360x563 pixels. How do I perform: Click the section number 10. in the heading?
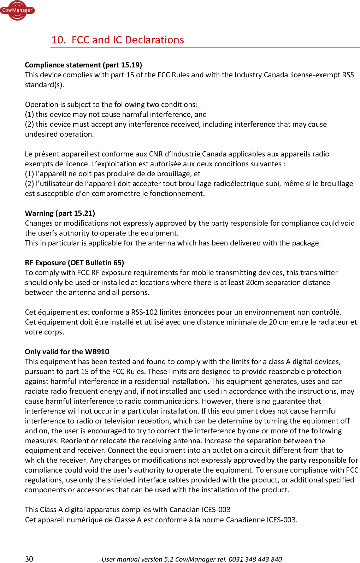59,40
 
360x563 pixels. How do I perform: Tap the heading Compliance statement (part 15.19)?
83,65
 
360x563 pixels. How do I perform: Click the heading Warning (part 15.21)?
60,213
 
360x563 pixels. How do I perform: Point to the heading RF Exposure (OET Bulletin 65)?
75,263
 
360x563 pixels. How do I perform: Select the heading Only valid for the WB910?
67,352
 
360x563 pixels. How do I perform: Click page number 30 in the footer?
29,559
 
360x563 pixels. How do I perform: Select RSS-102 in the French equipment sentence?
144,312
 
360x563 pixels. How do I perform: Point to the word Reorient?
75,441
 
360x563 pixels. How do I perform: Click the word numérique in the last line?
84,520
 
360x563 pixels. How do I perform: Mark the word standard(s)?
45,85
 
